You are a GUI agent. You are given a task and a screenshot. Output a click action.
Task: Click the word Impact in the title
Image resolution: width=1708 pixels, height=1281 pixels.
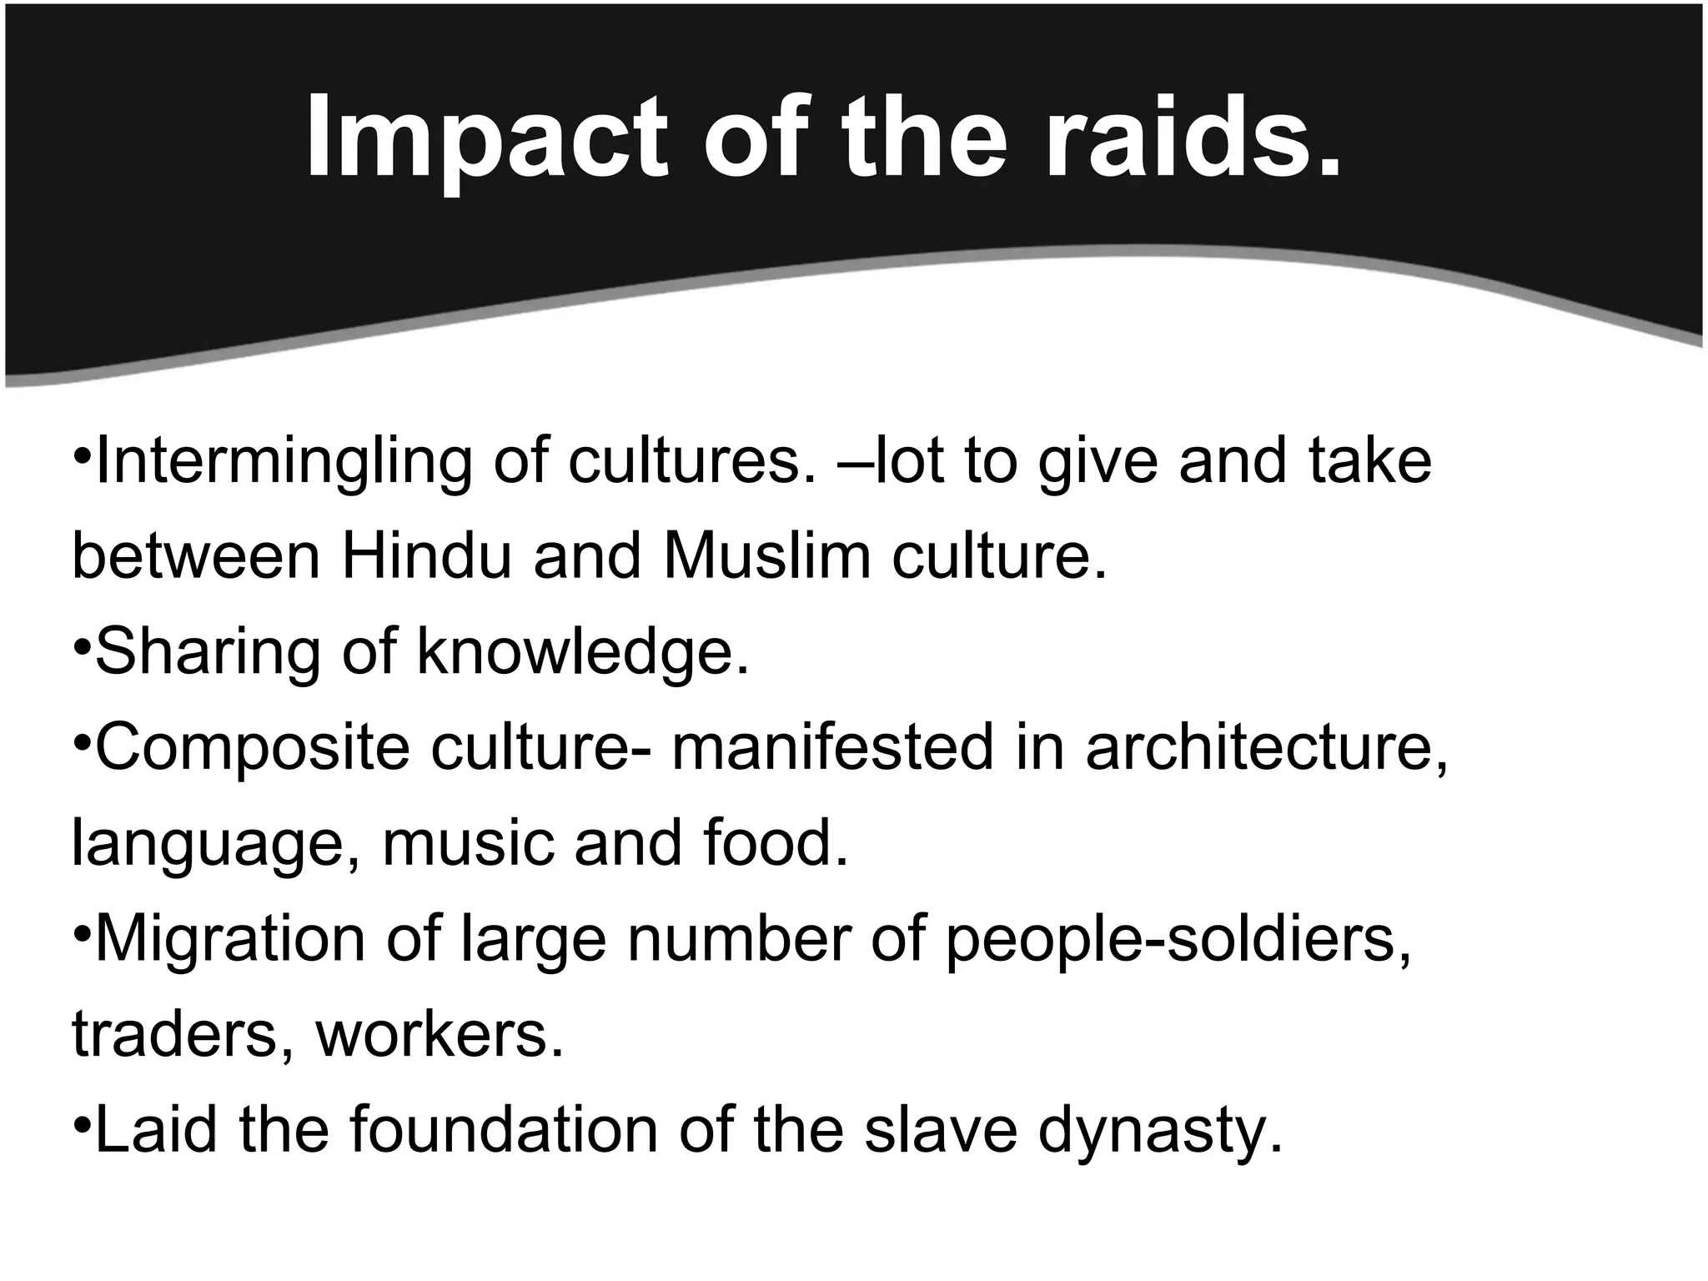[x=486, y=138]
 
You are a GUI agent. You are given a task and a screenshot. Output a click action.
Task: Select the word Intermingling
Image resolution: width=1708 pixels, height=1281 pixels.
[x=284, y=463]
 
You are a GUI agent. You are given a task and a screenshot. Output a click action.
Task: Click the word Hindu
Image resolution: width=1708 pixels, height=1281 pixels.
[x=426, y=556]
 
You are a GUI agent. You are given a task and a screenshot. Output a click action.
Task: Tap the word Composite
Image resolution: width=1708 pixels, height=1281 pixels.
[x=252, y=748]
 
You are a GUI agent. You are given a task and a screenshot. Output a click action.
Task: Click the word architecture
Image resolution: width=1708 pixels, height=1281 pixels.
[x=1266, y=748]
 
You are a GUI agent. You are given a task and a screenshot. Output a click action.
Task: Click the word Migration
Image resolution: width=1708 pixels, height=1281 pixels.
[x=230, y=940]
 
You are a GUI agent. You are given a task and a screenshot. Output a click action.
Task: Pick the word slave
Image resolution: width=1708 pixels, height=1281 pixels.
[x=941, y=1130]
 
